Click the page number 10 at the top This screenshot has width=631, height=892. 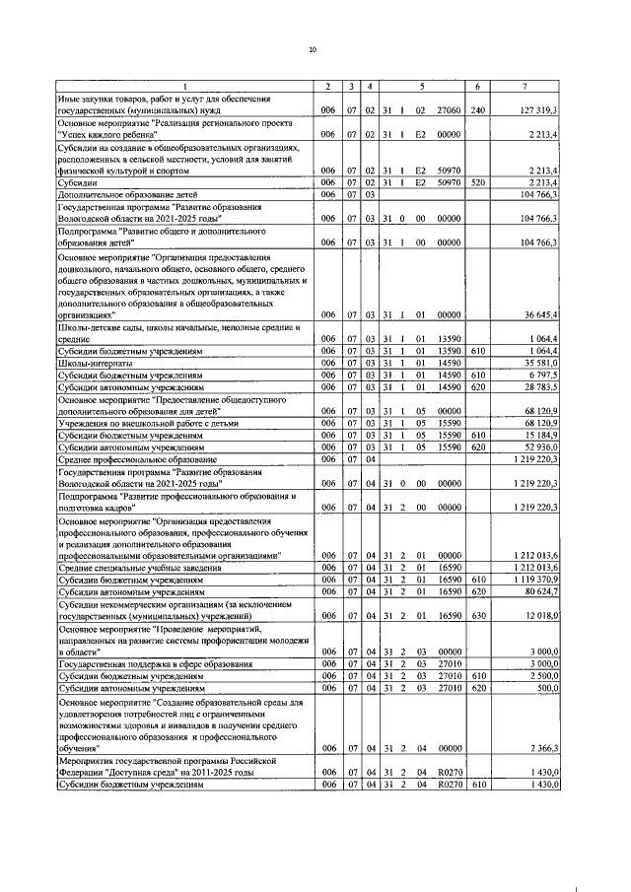coord(313,49)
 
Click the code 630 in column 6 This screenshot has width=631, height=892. coord(478,616)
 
